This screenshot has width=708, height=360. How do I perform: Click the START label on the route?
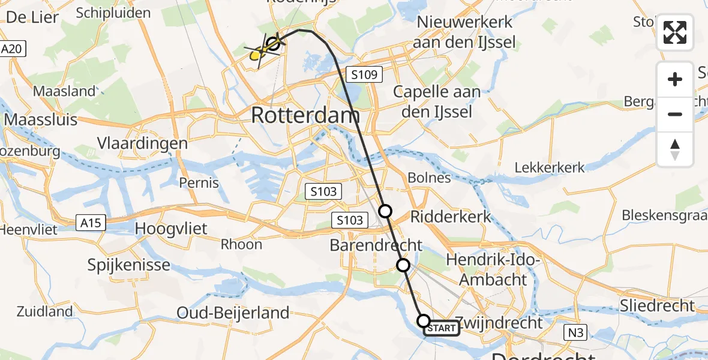[x=442, y=328]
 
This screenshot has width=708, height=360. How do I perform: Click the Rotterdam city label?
[x=305, y=115]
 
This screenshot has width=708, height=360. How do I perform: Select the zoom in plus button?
[x=675, y=80]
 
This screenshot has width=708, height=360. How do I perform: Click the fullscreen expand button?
[x=675, y=32]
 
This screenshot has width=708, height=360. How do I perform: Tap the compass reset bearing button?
[x=675, y=149]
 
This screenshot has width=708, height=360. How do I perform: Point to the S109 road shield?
[x=364, y=75]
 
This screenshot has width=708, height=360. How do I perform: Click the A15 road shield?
[x=91, y=223]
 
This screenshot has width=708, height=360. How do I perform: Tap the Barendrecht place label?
[x=376, y=245]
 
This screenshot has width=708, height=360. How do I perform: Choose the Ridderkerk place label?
[x=451, y=217]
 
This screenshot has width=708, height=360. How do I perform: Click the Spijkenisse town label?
[x=130, y=265]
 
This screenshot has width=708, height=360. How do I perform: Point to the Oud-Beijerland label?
[x=233, y=313]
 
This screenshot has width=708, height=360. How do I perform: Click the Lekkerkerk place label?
[x=550, y=167]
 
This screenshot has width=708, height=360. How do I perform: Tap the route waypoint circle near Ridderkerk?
[x=385, y=211]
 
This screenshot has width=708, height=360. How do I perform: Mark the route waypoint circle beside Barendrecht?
[x=403, y=265]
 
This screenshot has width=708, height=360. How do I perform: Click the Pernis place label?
[x=200, y=182]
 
